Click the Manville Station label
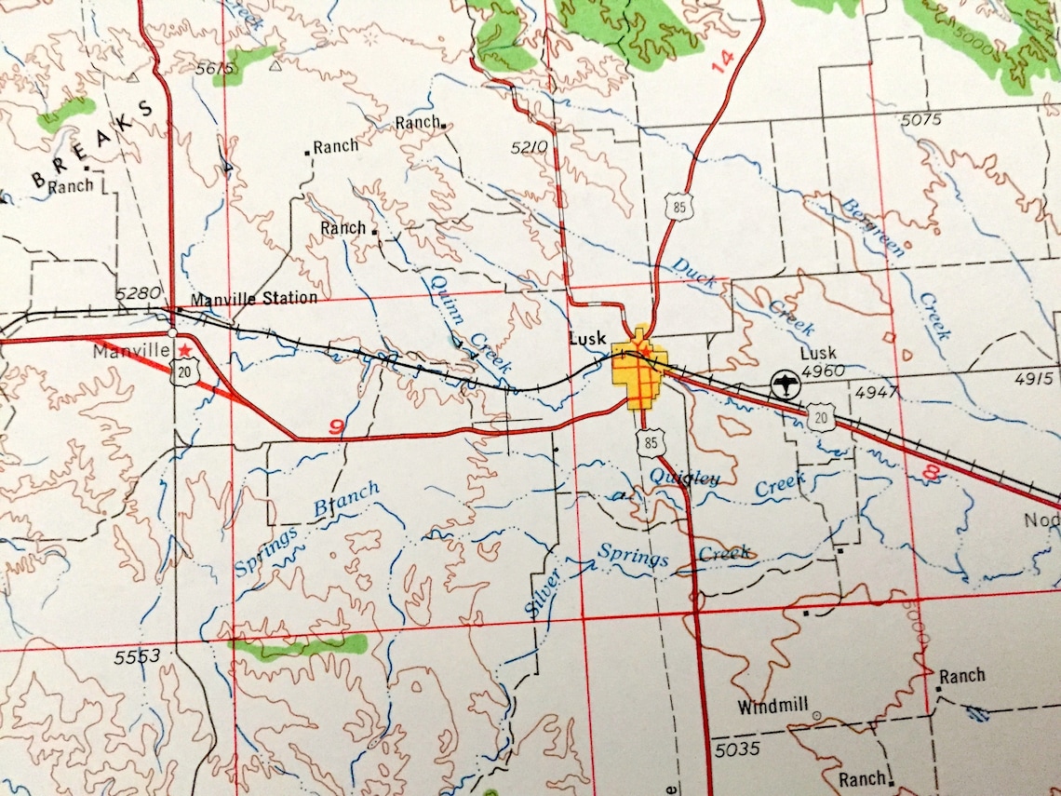tap(253, 299)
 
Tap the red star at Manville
tap(186, 349)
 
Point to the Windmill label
tap(772, 707)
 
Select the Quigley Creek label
tap(727, 483)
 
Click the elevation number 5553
tap(138, 656)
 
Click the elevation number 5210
tap(530, 146)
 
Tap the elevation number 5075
tap(921, 119)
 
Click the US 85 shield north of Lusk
tap(680, 207)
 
